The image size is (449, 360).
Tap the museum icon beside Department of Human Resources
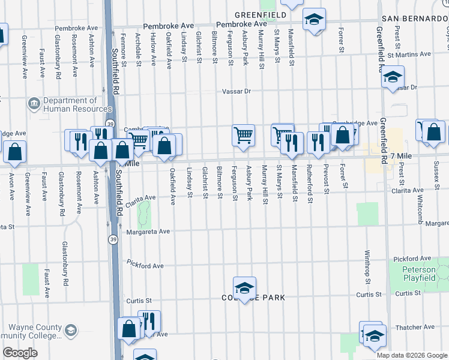click(x=34, y=105)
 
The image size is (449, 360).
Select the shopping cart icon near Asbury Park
click(x=244, y=136)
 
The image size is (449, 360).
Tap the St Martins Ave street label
click(x=409, y=55)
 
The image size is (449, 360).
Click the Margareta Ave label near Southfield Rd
click(x=148, y=231)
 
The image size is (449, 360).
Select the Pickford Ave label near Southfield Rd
click(x=145, y=264)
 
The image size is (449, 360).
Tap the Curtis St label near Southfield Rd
click(x=137, y=301)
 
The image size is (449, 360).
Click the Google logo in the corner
click(x=20, y=353)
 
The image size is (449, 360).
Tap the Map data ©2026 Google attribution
click(x=412, y=355)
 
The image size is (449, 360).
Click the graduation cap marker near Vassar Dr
click(x=393, y=77)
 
